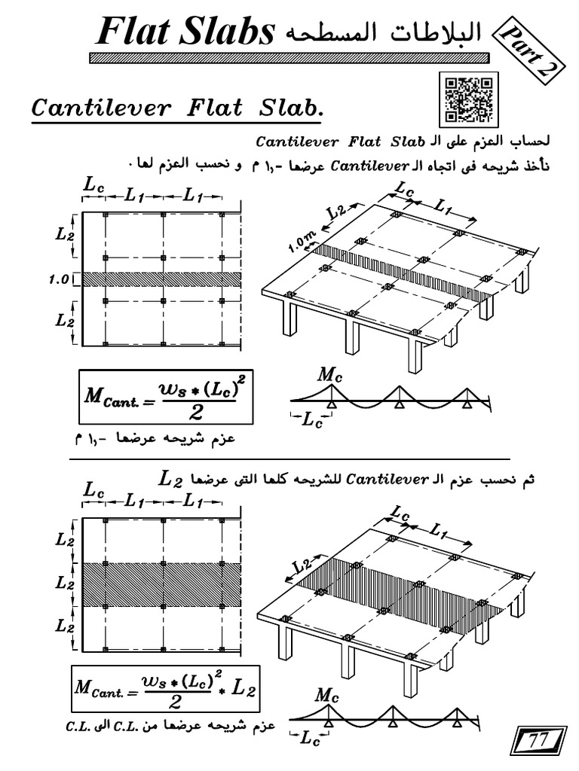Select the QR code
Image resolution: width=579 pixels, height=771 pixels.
(x=467, y=99)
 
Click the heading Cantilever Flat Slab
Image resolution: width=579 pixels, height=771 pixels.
(x=176, y=108)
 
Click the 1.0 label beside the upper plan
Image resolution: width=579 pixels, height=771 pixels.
(x=60, y=279)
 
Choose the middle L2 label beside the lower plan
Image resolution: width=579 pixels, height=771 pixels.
(x=63, y=584)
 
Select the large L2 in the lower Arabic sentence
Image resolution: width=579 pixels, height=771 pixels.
(x=171, y=477)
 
